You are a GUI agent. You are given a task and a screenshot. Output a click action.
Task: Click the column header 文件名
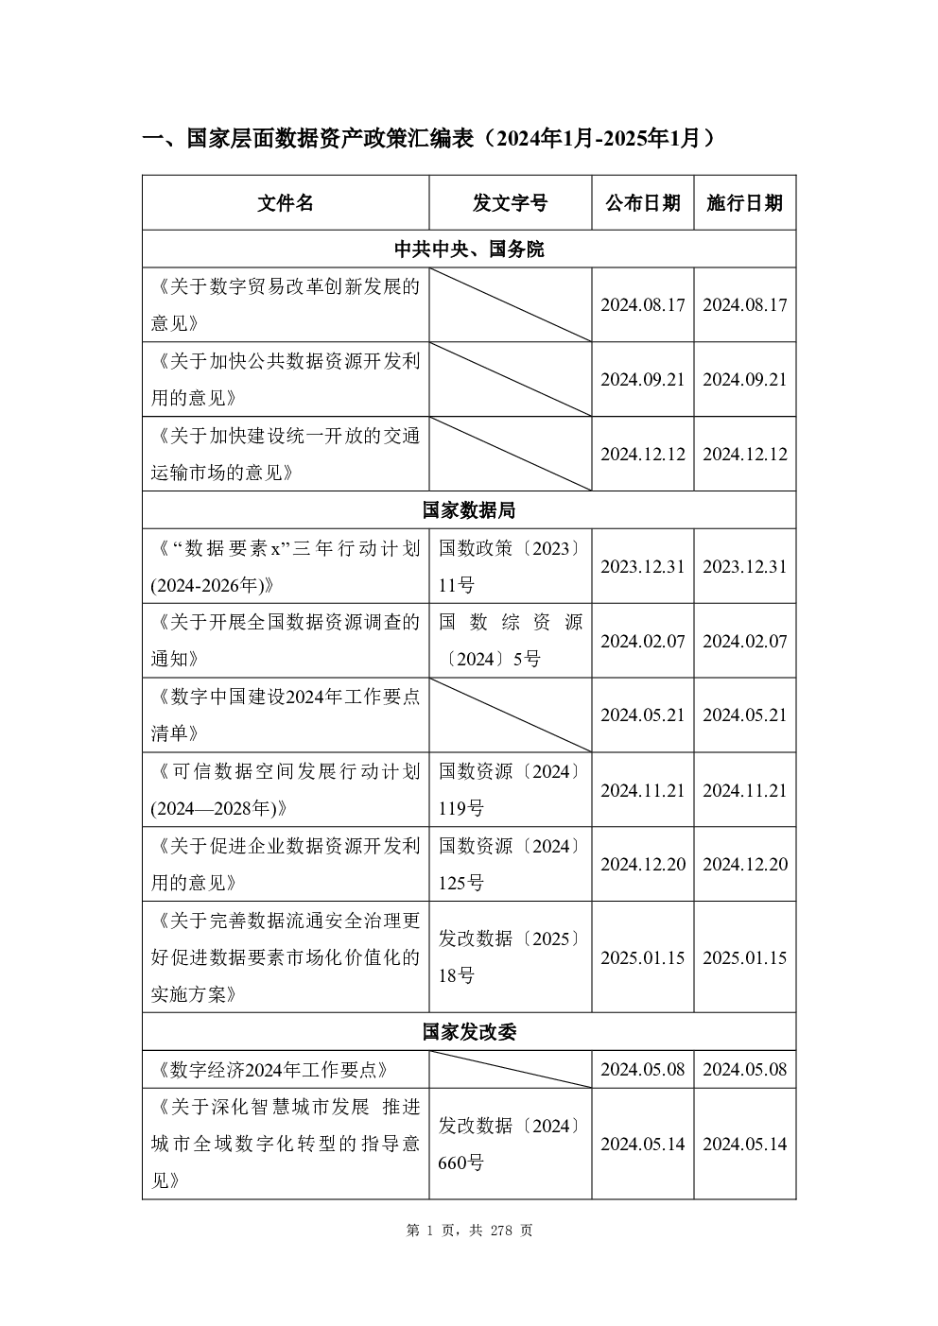(285, 203)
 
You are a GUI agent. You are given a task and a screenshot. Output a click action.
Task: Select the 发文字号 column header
(510, 203)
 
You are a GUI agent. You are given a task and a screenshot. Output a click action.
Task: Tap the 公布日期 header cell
(642, 203)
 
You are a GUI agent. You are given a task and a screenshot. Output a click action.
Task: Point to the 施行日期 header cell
(744, 203)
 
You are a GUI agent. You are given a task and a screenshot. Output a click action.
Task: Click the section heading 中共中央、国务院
(469, 250)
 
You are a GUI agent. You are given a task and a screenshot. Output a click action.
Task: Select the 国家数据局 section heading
(469, 510)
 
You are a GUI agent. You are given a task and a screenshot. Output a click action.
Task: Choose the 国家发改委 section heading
(469, 1032)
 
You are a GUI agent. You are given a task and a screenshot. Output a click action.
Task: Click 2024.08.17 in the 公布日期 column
(642, 305)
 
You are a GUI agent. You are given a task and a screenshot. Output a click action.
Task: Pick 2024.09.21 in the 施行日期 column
(744, 379)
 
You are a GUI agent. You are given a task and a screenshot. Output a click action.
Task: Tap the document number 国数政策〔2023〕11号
(510, 566)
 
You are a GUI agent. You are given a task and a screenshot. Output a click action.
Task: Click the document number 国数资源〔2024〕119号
(510, 790)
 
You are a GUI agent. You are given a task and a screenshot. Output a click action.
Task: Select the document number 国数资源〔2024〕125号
(510, 864)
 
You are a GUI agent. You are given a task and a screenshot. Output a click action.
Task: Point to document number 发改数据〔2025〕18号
(510, 957)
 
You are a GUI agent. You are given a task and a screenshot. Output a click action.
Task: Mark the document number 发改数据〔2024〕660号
(510, 1145)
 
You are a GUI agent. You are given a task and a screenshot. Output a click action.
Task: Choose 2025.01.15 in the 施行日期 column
(744, 957)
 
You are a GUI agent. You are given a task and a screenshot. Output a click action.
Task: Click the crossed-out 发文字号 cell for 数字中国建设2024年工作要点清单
(510, 715)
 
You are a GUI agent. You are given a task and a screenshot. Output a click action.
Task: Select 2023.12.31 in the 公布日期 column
(642, 566)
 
